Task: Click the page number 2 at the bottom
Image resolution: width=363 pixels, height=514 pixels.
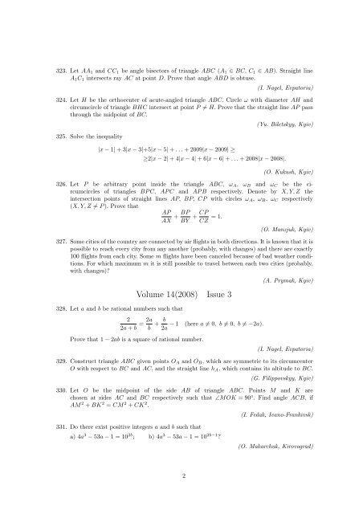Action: click(x=184, y=496)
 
